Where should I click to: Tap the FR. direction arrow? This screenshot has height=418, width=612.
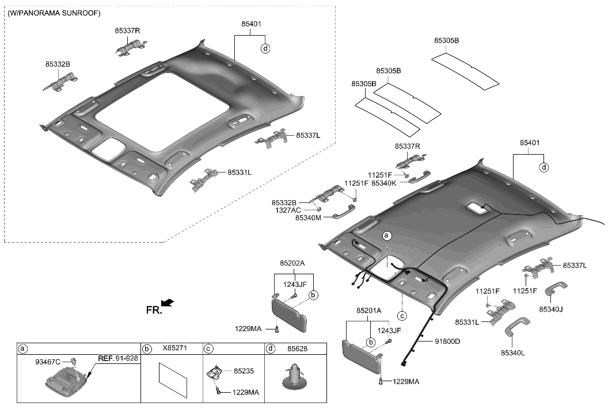168,302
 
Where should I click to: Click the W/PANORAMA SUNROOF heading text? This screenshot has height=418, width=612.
54,13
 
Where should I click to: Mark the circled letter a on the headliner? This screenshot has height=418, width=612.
387,236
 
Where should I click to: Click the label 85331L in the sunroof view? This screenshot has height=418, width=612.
240,172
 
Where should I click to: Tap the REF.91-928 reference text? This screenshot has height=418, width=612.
118,357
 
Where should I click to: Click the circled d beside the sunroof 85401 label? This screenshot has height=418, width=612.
265,49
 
